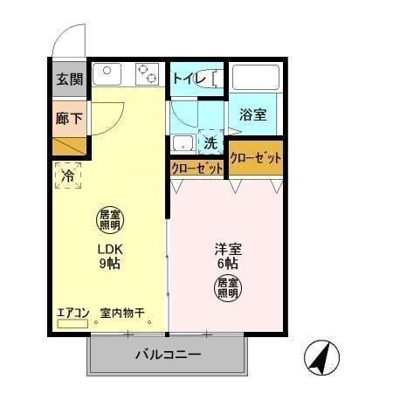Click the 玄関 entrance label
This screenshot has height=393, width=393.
69,79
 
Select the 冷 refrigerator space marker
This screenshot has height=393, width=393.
68,176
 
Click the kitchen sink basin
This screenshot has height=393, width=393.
107,72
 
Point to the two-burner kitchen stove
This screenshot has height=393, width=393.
146,74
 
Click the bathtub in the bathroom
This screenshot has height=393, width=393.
254,79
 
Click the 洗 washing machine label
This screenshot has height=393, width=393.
210,141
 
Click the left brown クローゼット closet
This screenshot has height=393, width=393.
196,168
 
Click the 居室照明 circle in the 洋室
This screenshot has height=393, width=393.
228,287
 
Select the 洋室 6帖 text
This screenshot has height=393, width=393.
227,254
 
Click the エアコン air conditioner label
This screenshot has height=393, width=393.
73,312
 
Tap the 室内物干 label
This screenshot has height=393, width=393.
121,312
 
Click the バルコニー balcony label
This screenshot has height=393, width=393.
168,355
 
